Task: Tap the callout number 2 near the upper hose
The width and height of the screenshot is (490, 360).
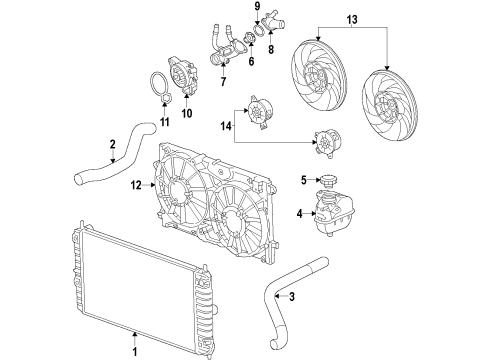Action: pyautogui.click(x=113, y=145)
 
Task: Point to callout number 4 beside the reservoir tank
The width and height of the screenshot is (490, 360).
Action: pyautogui.click(x=299, y=213)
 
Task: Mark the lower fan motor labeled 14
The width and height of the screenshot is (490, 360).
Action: pyautogui.click(x=328, y=146)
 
